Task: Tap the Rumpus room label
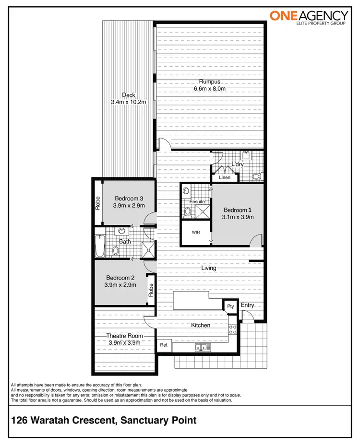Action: (209, 82)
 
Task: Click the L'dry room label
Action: (238, 165)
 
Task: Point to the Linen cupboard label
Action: (225, 177)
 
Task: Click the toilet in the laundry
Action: (257, 176)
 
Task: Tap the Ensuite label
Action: (197, 202)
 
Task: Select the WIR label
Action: (196, 232)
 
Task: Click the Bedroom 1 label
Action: (237, 210)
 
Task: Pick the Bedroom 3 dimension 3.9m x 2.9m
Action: (129, 205)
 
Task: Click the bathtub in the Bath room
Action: (100, 246)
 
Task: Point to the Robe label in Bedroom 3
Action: (97, 203)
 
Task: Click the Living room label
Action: (209, 268)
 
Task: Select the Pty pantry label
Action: (230, 306)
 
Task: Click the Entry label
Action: (248, 305)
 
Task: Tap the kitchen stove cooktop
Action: (233, 329)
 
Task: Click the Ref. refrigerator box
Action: (164, 345)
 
